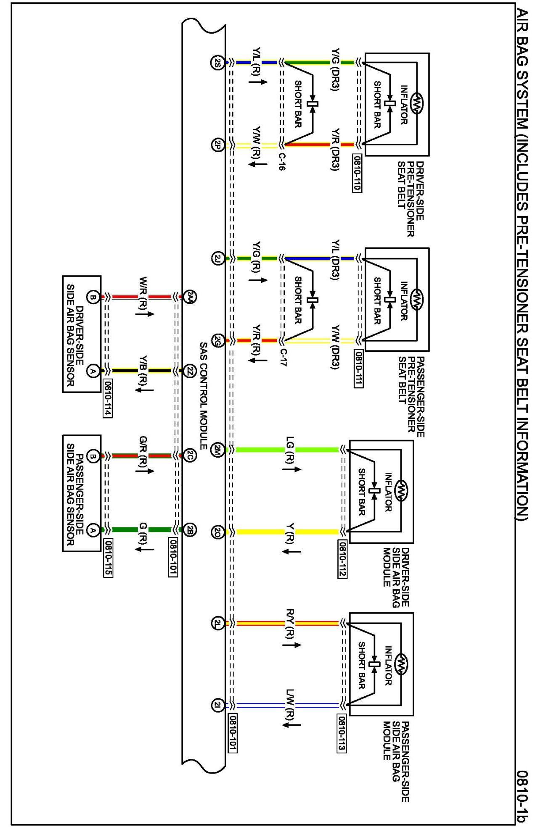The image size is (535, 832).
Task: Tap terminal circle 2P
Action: pos(216,145)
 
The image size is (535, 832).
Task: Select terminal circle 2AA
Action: pos(190,297)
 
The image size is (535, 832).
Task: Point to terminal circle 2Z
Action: pos(190,371)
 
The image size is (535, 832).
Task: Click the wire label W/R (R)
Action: pos(143,293)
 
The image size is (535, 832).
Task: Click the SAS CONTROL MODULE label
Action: pos(204,395)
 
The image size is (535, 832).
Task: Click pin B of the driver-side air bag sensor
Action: pos(93,298)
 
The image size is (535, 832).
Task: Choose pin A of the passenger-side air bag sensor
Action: pos(93,530)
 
